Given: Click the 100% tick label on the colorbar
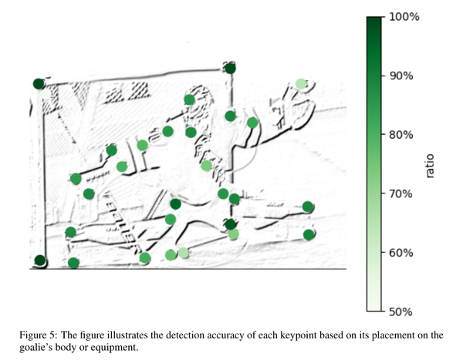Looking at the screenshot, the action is click(x=402, y=16).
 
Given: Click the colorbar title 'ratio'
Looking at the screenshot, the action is click(x=430, y=164).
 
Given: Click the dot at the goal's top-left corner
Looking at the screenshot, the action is click(x=39, y=84).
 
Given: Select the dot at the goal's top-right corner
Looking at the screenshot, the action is click(x=230, y=69).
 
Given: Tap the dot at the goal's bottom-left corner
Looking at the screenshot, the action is click(x=40, y=261).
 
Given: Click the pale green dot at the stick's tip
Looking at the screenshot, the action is click(x=301, y=84).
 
